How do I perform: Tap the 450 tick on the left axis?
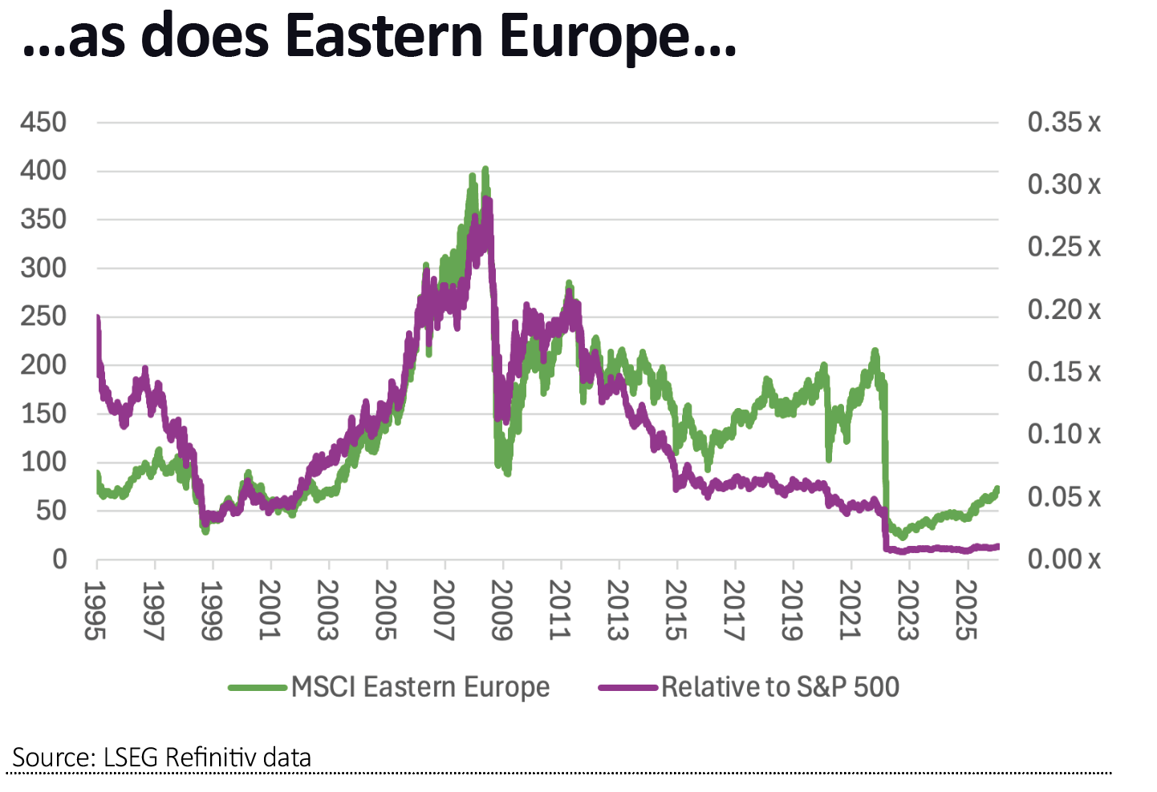point(43,123)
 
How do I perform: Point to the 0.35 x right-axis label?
point(1064,123)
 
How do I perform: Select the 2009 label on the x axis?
point(501,611)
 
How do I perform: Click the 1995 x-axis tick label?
point(95,611)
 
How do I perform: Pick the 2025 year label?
point(966,611)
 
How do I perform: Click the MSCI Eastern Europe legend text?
point(420,687)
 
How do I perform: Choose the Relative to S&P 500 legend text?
point(780,687)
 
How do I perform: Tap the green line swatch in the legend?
point(258,688)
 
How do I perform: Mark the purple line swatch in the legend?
point(628,688)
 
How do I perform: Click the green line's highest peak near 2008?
point(485,170)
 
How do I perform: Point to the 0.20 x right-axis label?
point(1064,309)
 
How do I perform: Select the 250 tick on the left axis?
point(43,317)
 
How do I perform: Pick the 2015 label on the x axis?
point(676,611)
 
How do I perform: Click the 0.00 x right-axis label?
point(1064,559)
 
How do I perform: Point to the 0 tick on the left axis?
point(60,559)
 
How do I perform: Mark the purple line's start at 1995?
point(98,319)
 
